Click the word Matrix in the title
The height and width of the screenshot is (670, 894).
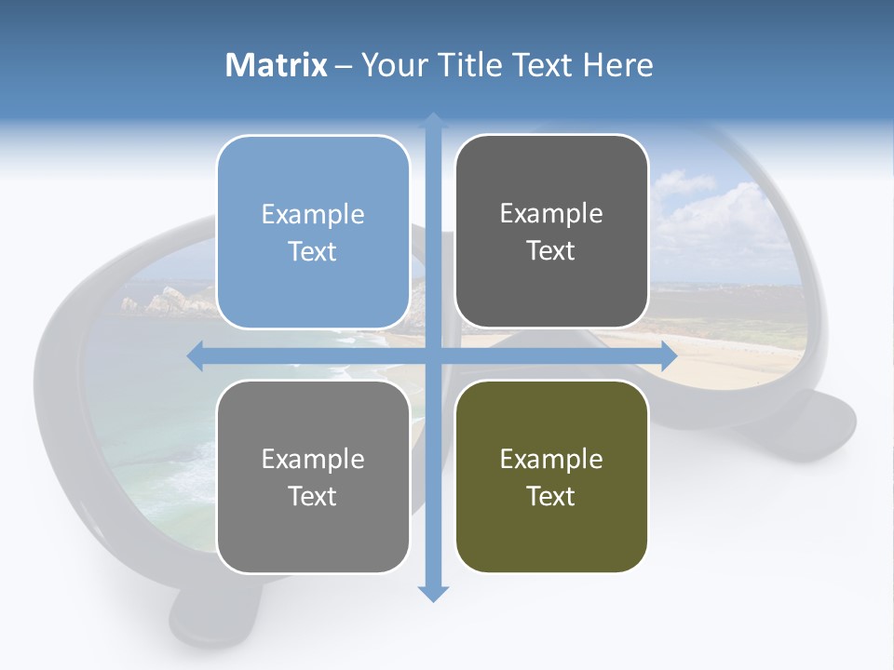277,65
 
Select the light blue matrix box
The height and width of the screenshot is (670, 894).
313,232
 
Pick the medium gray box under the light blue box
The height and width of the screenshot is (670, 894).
313,476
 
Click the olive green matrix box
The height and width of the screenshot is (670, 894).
551,476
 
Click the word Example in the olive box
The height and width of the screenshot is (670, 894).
551,459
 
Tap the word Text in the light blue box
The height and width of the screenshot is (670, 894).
313,251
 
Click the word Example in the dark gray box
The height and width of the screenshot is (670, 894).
551,213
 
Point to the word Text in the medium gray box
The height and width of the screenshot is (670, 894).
313,496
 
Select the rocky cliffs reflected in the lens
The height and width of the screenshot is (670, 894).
168,300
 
